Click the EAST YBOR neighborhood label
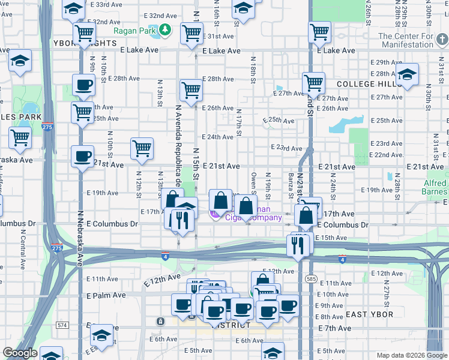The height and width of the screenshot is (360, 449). [x=370, y=314]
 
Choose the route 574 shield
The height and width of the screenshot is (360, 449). [x=62, y=325]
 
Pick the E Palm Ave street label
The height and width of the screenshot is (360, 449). [x=106, y=295]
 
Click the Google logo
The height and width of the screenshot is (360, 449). [x=20, y=353]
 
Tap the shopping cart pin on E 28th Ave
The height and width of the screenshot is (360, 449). [x=191, y=91]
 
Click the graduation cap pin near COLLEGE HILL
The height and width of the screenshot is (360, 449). [x=407, y=74]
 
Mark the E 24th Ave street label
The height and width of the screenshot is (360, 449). [x=217, y=137]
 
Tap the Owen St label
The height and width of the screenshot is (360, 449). [x=254, y=183]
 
